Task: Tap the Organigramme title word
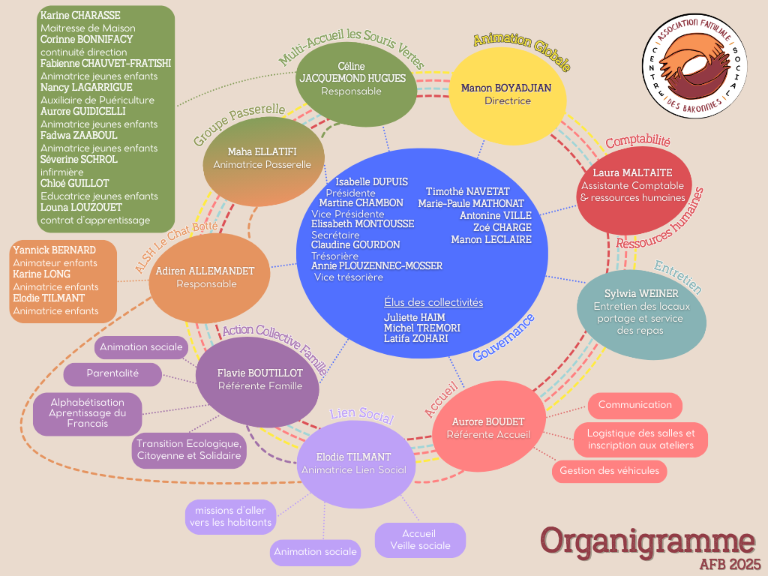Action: click(648, 541)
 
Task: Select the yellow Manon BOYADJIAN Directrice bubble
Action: click(506, 94)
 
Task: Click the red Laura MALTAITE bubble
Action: click(633, 185)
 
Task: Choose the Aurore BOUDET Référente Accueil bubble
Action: click(488, 427)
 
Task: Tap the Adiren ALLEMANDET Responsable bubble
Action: click(205, 277)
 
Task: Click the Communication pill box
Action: click(634, 405)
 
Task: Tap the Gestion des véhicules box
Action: click(609, 471)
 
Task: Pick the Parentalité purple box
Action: click(112, 374)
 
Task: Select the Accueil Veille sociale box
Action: click(420, 539)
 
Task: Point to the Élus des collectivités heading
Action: click(433, 302)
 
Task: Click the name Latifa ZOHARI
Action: click(415, 338)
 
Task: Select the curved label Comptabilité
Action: click(637, 141)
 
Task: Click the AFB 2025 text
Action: click(729, 563)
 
